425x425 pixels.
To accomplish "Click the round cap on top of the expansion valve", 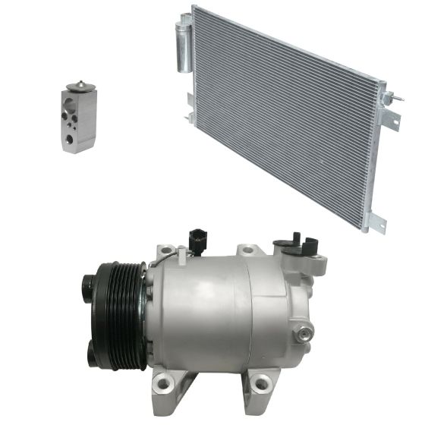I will [77, 86].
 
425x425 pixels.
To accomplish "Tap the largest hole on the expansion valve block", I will [70, 139].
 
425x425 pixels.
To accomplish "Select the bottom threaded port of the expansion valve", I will [70, 139].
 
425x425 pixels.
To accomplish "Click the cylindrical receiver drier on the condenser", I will [184, 46].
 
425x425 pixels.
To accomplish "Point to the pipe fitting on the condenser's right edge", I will [388, 98].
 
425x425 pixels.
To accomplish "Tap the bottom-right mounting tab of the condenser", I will [373, 222].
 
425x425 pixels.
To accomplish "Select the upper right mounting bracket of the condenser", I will [391, 115].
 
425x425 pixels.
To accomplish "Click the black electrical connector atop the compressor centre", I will [197, 238].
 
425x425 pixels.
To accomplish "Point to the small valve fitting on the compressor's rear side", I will [306, 331].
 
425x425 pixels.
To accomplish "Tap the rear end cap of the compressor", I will [300, 304].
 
